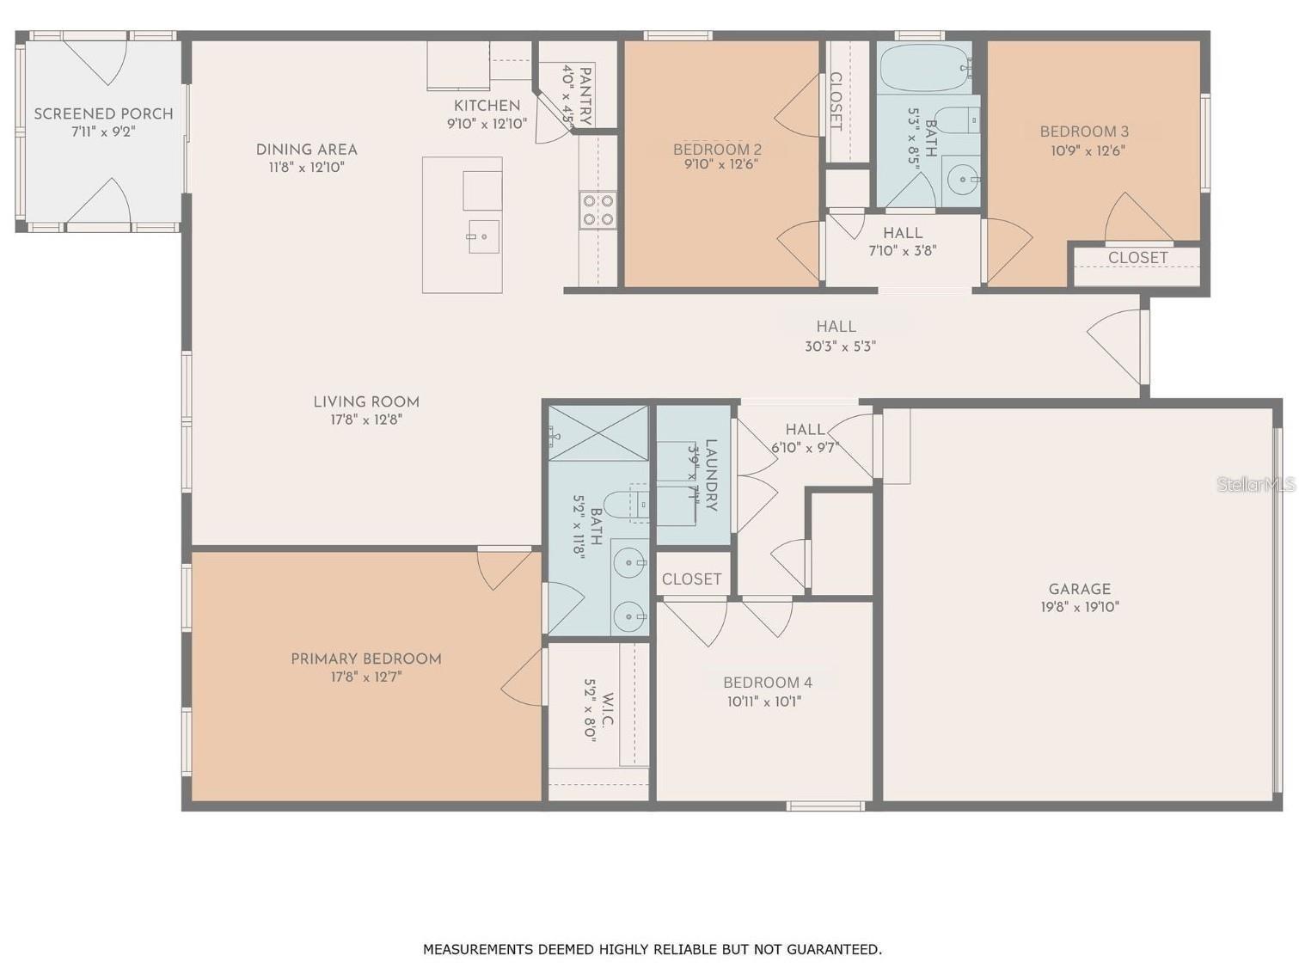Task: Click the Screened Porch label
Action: point(103,113)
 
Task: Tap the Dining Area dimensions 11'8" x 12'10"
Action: point(306,168)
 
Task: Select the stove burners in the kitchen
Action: point(597,210)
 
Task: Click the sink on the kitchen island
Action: point(483,236)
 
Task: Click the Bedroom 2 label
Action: point(717,149)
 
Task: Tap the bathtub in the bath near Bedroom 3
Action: point(925,68)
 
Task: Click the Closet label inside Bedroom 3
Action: point(1137,258)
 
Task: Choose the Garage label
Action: point(1079,589)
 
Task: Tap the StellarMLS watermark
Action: point(1255,485)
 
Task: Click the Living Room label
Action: point(366,401)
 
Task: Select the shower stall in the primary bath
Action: point(599,433)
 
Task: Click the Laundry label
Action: point(711,475)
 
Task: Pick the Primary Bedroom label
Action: point(366,659)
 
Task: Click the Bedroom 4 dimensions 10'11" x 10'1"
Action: point(763,701)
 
